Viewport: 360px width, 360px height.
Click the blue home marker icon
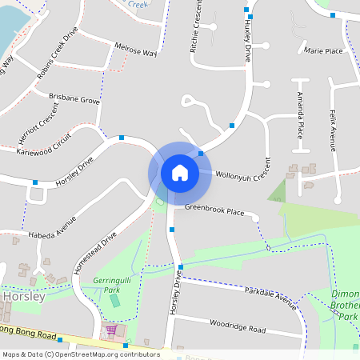click(180, 172)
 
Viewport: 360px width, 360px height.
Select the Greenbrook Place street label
click(214, 210)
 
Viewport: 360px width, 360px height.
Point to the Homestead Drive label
click(95, 254)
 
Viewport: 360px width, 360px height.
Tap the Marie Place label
click(323, 51)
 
